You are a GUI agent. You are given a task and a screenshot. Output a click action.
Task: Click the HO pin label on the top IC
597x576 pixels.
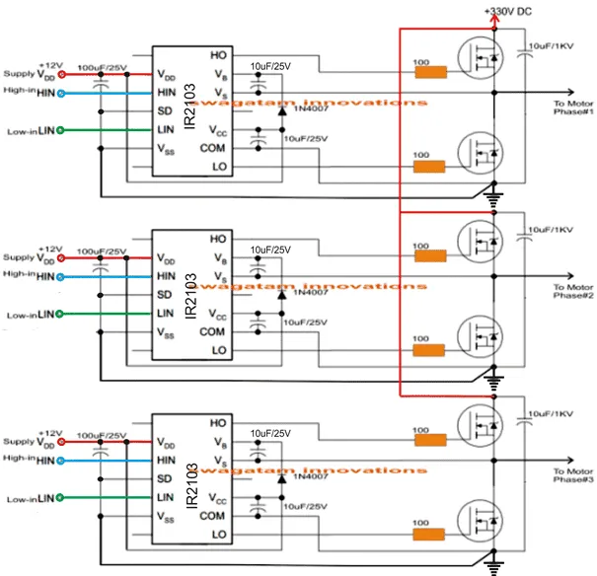click(x=219, y=55)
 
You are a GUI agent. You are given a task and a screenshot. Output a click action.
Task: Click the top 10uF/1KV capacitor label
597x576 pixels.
click(x=555, y=45)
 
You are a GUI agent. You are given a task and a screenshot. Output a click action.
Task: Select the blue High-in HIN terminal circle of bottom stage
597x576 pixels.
click(x=60, y=459)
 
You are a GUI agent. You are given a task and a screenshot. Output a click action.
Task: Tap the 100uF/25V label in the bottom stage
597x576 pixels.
click(x=101, y=435)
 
